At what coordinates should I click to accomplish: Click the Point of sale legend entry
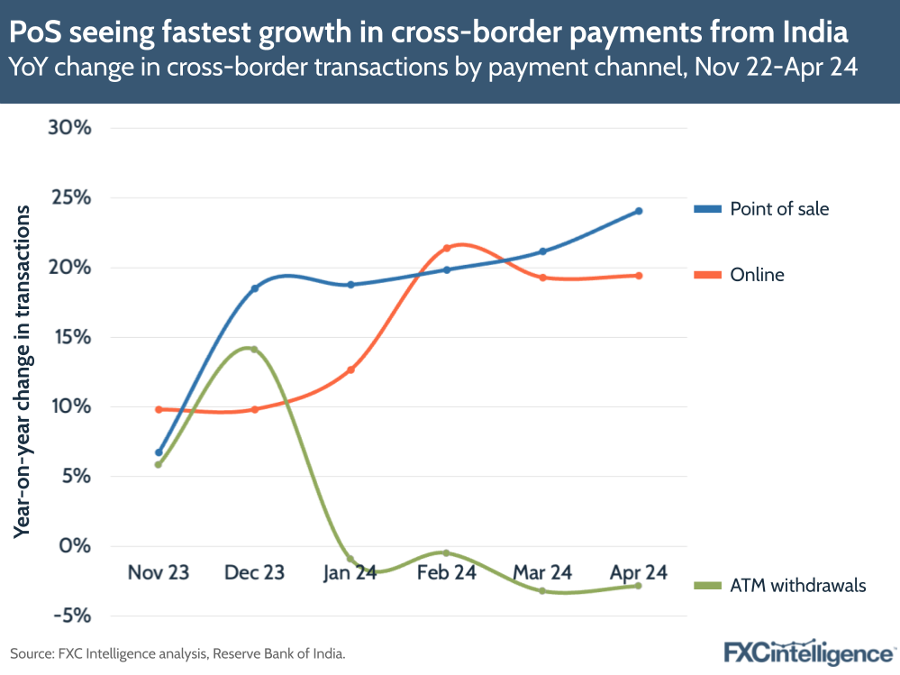coord(778,209)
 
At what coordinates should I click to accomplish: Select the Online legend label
coord(757,275)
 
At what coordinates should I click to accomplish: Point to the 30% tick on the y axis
coord(70,128)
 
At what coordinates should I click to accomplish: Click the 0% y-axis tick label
coord(76,546)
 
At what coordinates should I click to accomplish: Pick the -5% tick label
coord(72,616)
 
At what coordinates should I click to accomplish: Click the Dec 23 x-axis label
coord(254,573)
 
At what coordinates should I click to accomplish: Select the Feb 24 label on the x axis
coord(446,573)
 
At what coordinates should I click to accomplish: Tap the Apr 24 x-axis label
coord(638,573)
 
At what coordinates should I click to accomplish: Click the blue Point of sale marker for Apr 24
coord(639,211)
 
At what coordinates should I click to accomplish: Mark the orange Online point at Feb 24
coord(447,248)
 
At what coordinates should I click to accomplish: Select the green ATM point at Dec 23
coord(254,350)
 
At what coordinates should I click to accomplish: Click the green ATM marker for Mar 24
coord(542,591)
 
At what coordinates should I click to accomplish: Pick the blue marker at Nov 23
coord(159,452)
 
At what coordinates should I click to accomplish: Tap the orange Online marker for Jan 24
coord(350,369)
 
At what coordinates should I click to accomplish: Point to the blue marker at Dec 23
coord(254,288)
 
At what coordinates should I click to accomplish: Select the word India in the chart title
coord(813,33)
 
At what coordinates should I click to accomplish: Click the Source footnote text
coord(177,652)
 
